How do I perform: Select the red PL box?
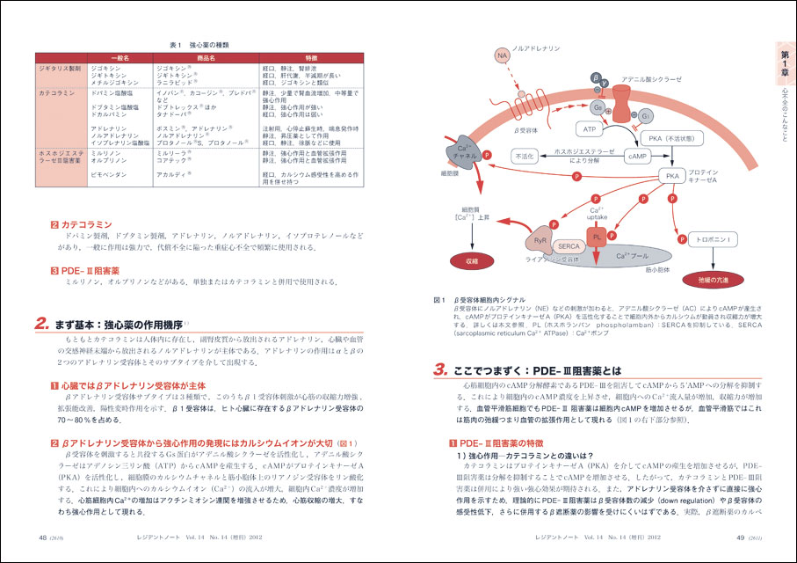[x=597, y=238]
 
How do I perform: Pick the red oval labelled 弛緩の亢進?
[x=714, y=277]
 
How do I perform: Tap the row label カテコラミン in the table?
[x=57, y=91]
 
